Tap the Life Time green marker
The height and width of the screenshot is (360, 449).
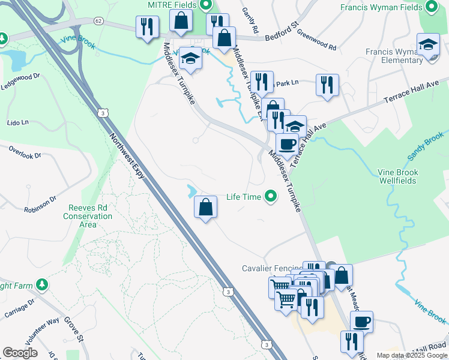tap(271, 196)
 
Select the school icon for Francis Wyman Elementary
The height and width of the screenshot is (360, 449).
tap(428, 45)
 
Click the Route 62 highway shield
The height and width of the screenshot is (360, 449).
tap(98, 20)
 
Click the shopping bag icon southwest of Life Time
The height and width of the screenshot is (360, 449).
tap(205, 207)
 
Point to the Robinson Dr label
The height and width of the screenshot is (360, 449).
tap(40, 204)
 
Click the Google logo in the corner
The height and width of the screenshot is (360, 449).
tap(20, 353)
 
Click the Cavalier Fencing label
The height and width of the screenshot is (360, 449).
tap(271, 269)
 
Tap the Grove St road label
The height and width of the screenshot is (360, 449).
tap(74, 331)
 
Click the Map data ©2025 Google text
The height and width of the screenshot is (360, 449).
tap(412, 355)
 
